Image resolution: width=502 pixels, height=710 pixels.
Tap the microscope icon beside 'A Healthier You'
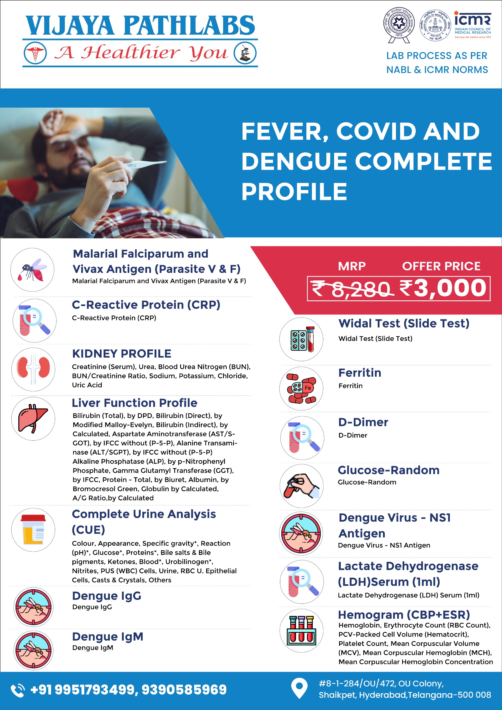point(245,53)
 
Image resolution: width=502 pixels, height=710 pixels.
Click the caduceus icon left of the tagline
point(35,53)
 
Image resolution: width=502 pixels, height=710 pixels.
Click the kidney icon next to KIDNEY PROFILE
point(33,369)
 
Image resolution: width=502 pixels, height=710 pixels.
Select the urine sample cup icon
point(33,530)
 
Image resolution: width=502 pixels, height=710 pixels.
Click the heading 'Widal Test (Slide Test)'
point(403,323)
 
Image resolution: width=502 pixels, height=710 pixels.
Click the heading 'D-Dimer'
point(363,422)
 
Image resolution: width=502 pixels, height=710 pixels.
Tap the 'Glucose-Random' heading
point(389,470)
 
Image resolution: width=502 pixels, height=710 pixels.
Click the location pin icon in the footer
point(299,688)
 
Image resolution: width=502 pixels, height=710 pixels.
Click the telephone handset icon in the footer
point(18,690)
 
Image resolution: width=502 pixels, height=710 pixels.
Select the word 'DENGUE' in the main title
point(294,161)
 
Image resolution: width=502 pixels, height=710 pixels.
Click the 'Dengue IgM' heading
point(108,637)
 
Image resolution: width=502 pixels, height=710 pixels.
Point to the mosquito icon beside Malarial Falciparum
point(32,270)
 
